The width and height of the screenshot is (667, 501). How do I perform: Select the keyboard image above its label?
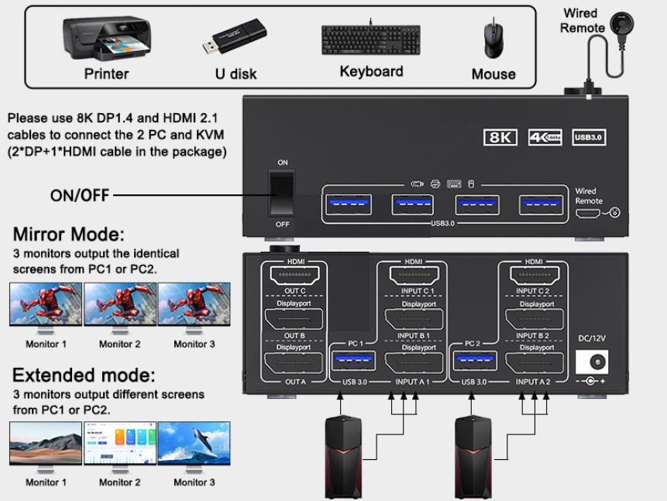tap(370, 40)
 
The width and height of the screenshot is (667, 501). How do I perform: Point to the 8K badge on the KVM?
tap(500, 137)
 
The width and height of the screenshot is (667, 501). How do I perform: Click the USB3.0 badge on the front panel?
tap(590, 137)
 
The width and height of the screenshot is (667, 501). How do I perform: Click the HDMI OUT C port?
tap(296, 274)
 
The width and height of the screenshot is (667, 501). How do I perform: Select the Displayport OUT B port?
tap(296, 320)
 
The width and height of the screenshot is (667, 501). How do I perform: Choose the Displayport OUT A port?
tap(296, 364)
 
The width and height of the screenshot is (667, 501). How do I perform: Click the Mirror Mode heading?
tap(69, 235)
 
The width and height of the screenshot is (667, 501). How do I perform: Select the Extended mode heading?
tap(84, 376)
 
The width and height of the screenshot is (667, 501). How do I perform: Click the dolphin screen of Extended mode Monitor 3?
tap(194, 443)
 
